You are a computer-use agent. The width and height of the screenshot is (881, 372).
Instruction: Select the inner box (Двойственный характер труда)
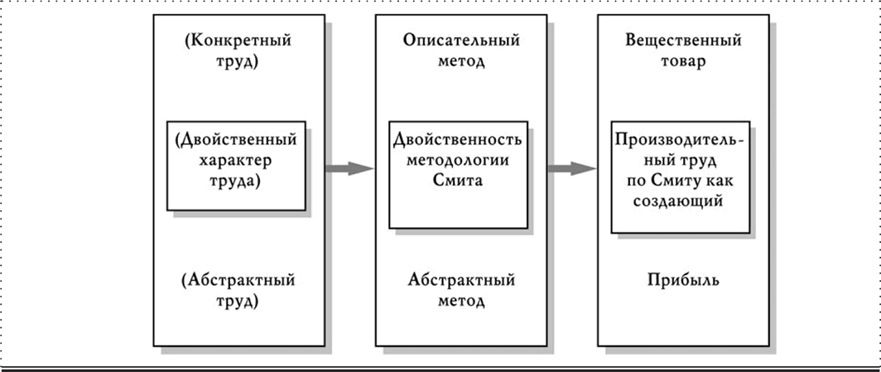tap(236, 166)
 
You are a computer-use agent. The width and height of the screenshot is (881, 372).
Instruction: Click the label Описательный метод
tap(460, 50)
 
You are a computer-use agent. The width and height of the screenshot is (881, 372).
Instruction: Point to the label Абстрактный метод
tap(460, 291)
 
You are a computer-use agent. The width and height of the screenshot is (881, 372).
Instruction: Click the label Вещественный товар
tap(684, 50)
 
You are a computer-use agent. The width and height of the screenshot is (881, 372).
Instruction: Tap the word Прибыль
tap(683, 280)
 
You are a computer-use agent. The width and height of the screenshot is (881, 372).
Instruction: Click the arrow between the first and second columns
tap(348, 168)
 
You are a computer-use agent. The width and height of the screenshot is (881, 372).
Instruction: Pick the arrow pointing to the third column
tap(571, 168)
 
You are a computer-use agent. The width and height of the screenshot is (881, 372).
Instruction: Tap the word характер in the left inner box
tap(236, 159)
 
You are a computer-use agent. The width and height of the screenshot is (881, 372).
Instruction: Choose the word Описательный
tap(461, 40)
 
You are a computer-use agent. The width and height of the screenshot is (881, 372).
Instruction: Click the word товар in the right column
tap(684, 61)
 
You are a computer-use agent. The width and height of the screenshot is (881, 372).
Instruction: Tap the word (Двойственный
tap(236, 139)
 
